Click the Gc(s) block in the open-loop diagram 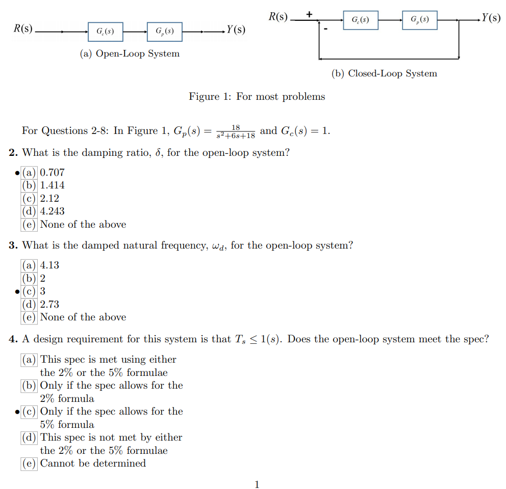pos(105,32)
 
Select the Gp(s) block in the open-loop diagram pos(164,32)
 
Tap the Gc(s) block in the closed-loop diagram pos(361,20)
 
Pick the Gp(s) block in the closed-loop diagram pos(419,20)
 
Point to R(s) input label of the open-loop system pos(23,29)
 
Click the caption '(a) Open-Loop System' pos(130,53)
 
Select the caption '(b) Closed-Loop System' pos(384,73)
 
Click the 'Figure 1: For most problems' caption pos(257,96)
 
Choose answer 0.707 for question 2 pos(52,172)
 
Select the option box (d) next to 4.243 pos(29,211)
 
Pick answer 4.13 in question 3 pos(49,265)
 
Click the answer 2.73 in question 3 pos(49,304)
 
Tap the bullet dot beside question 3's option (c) pos(17,291)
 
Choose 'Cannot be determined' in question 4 pos(93,463)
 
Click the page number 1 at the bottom pos(257,484)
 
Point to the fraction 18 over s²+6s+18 pos(235,131)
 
